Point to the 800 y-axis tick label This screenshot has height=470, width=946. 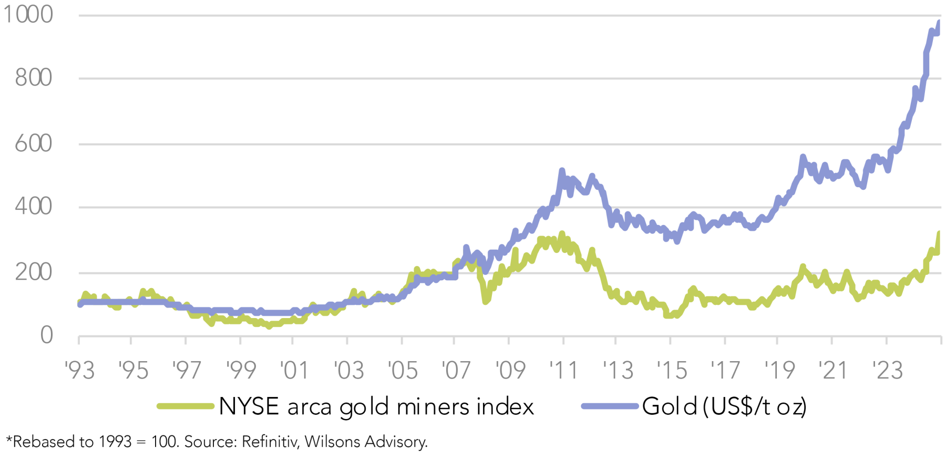click(x=34, y=78)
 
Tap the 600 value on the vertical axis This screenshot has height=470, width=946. click(x=34, y=143)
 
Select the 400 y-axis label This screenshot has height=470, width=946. click(x=34, y=207)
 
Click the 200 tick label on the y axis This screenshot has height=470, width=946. click(x=34, y=272)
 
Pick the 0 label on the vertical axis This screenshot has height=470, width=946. click(x=46, y=335)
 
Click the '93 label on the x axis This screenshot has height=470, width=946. click(x=79, y=371)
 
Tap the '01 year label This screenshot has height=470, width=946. click(x=294, y=371)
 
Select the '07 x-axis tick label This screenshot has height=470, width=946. click(x=456, y=371)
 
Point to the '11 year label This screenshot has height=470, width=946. click(x=563, y=371)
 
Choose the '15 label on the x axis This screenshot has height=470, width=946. click(x=672, y=371)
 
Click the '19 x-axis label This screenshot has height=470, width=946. click(x=779, y=371)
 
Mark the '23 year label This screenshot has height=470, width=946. click(x=887, y=371)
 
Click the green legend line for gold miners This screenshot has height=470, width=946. click(x=186, y=406)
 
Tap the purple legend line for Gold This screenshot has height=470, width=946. click(x=609, y=406)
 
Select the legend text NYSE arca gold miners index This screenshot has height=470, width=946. click(x=376, y=406)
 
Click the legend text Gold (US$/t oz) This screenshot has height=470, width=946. click(x=724, y=406)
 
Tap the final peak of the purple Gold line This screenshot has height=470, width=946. click(x=939, y=22)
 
